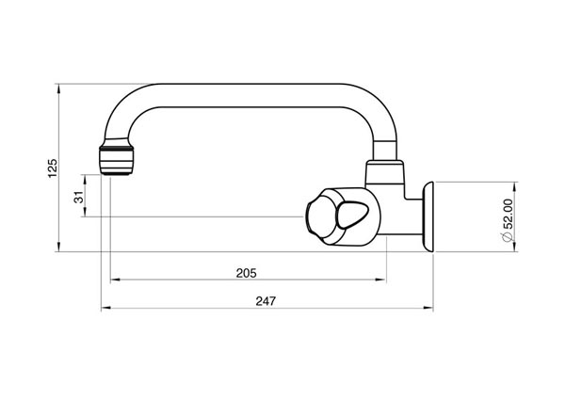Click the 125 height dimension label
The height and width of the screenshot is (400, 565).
[x=54, y=168]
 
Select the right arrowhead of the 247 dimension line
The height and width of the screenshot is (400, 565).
[x=429, y=309]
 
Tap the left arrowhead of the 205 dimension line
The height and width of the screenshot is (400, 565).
[x=115, y=280]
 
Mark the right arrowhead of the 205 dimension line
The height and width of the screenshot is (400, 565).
[x=382, y=280]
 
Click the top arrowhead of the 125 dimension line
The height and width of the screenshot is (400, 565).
[x=61, y=89]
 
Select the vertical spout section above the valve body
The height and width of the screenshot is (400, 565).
[x=386, y=141]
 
